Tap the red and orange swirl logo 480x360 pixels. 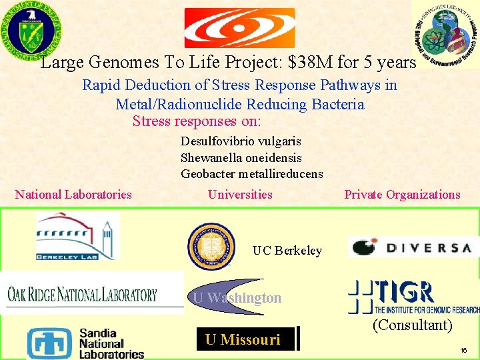pos(239,28)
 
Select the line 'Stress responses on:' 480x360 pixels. pos(197,121)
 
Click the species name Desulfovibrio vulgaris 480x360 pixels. pos(241,141)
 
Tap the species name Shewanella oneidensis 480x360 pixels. pos(241,158)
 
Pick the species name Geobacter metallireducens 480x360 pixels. pos(251,174)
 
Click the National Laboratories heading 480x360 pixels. pos(73,195)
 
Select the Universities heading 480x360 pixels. pos(240,195)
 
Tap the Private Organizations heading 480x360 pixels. pos(402,195)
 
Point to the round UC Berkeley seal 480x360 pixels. pos(211,246)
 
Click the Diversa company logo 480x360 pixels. pos(411,247)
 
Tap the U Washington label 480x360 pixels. pos(237,298)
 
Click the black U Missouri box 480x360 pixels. pos(244,339)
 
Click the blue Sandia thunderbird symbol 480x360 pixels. pos(50,343)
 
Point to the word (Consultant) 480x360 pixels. pos(412,325)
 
